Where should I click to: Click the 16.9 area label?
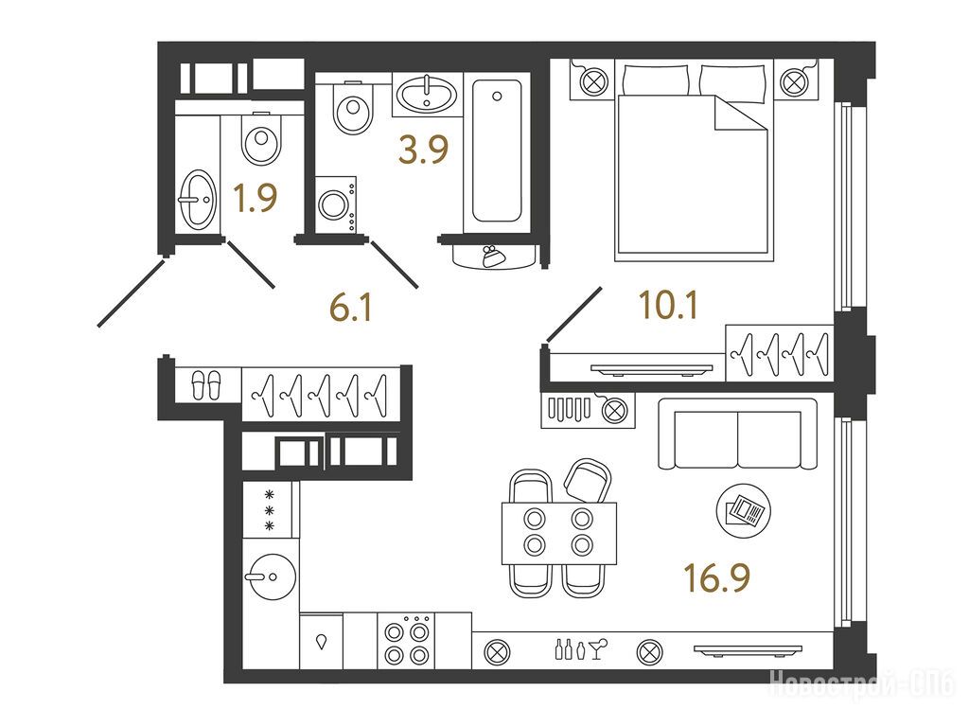tap(717, 578)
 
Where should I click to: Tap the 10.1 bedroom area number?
tap(668, 306)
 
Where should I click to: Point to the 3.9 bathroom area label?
tap(423, 150)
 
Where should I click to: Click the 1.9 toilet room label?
tap(255, 198)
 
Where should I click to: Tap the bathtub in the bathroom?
tap(497, 151)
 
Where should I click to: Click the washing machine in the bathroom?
tap(336, 204)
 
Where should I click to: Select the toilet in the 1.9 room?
tap(261, 139)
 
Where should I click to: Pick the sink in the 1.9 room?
tap(198, 198)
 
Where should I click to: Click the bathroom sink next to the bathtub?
tap(427, 94)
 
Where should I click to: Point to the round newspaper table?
tap(744, 510)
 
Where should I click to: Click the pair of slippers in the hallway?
tap(205, 385)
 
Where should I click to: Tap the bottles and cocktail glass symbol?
tap(581, 649)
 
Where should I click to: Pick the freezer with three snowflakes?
tap(270, 510)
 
